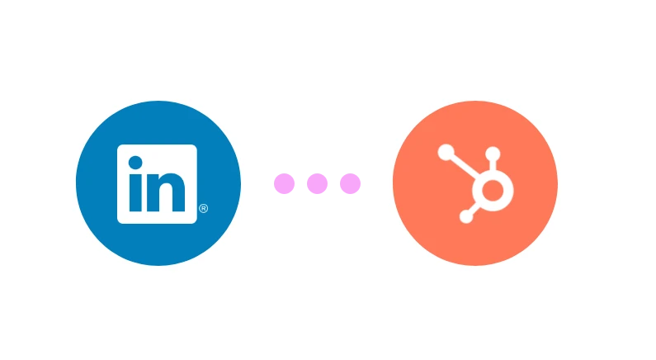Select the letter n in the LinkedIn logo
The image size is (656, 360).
coord(168,192)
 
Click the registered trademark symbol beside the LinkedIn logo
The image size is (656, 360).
coord(203,210)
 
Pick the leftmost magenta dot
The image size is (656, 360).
coord(284,183)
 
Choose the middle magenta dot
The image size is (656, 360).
coord(317,183)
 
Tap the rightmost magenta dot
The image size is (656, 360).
coord(350,183)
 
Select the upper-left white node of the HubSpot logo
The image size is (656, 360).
coord(446,152)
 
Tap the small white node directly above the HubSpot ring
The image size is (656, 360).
coord(493,154)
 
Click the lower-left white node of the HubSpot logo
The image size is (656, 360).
coord(466,217)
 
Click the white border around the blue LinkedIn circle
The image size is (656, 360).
coord(71,184)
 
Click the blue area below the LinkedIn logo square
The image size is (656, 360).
coord(158,244)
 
